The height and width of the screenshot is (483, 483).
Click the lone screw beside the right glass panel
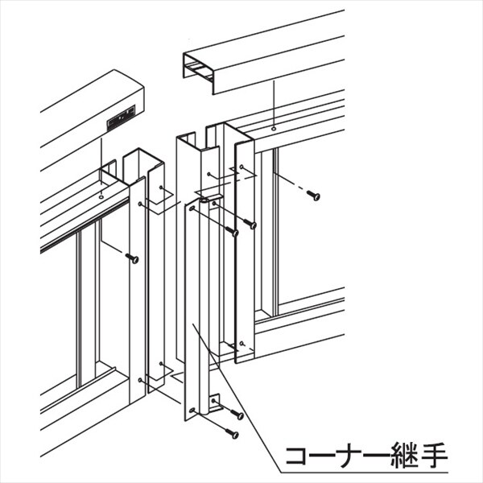tap(313, 195)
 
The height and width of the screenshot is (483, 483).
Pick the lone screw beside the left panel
tap(132, 258)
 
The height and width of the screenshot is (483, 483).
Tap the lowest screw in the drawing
tap(233, 433)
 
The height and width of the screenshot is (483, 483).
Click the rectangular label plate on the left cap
tap(121, 118)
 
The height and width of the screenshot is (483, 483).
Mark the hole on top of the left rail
tap(101, 196)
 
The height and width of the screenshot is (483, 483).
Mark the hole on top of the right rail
tap(274, 129)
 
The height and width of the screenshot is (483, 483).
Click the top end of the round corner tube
tap(204, 200)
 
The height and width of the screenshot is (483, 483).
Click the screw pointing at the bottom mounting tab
tap(237, 415)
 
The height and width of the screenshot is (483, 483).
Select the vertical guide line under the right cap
tap(274, 103)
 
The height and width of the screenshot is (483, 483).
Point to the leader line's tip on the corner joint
tap(193, 324)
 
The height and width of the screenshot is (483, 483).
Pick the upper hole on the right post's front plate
tap(242, 167)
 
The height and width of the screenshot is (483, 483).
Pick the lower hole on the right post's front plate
tap(242, 343)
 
